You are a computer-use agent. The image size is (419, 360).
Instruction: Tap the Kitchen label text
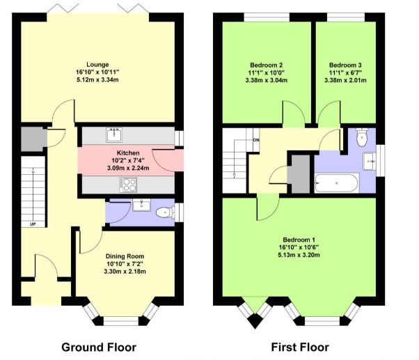(x=128, y=152)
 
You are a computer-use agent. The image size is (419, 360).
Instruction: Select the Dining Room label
(x=125, y=255)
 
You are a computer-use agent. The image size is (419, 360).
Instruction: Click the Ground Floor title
(x=99, y=347)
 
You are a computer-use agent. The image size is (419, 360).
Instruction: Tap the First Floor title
(x=300, y=347)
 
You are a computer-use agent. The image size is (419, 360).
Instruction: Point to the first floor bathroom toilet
(x=360, y=139)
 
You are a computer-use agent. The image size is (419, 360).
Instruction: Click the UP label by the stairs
(x=33, y=224)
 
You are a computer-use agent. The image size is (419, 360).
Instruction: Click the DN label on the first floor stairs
(x=256, y=139)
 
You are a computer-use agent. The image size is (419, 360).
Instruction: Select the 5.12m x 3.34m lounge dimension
(x=98, y=79)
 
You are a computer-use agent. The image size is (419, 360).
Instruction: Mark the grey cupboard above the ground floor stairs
(x=31, y=140)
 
